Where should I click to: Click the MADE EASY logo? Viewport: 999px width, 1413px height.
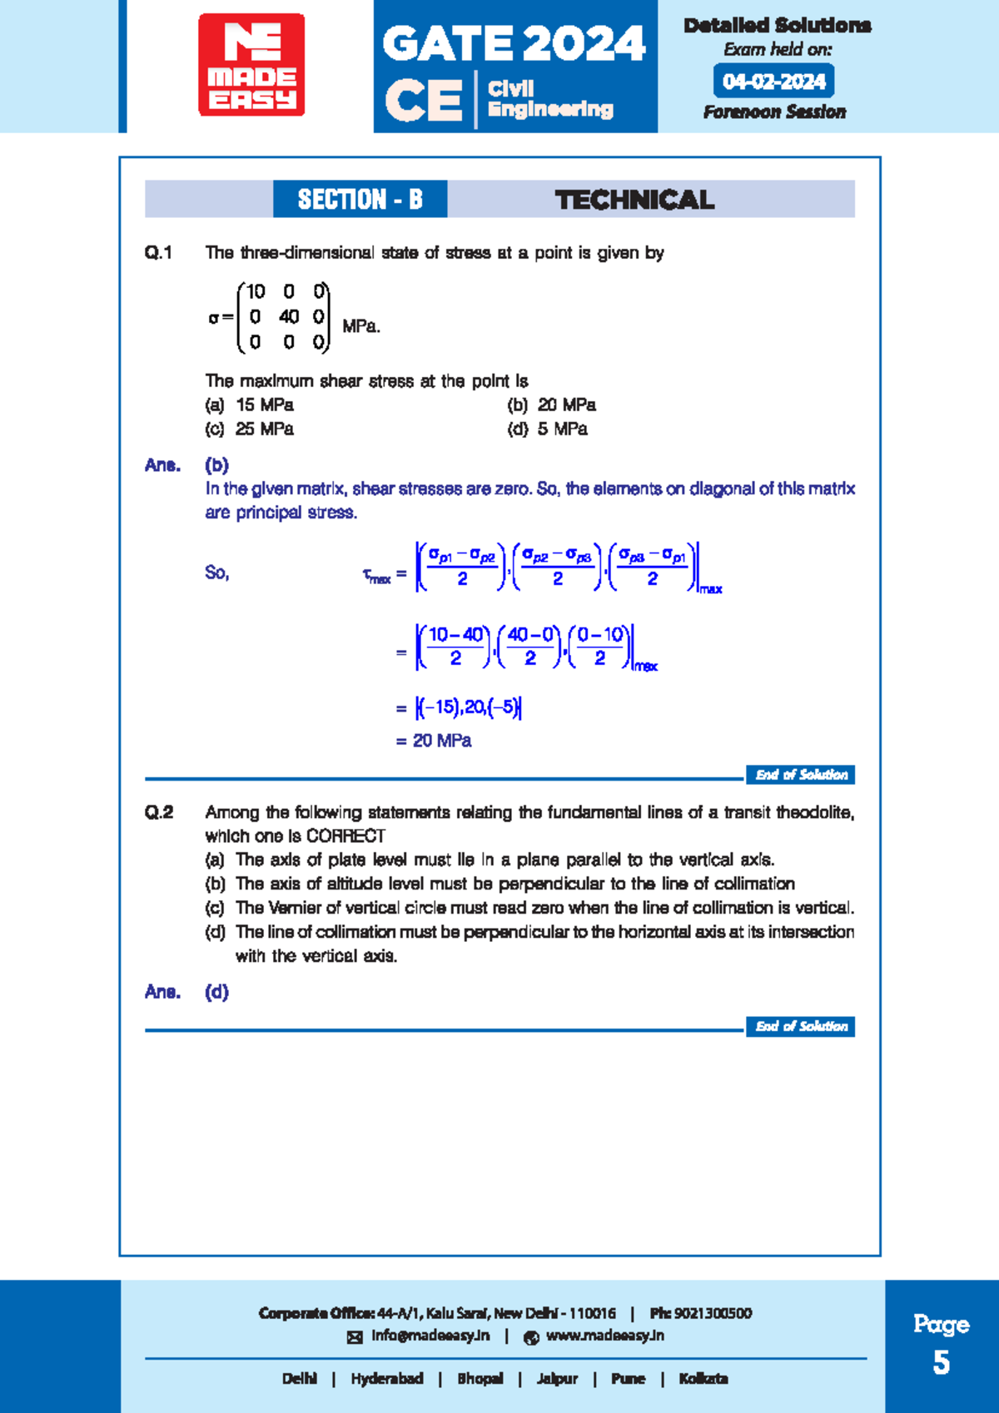point(251,64)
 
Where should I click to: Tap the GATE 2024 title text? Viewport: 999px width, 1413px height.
point(514,43)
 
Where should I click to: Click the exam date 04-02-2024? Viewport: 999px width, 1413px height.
point(773,82)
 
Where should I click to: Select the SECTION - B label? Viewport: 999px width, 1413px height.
point(360,200)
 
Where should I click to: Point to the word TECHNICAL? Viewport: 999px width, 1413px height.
point(634,200)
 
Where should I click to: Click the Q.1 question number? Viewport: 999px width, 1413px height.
point(158,253)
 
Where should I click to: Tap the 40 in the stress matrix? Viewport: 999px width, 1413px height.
point(289,317)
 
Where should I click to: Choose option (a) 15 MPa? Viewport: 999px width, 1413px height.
point(250,405)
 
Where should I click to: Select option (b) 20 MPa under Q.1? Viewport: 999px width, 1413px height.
point(551,405)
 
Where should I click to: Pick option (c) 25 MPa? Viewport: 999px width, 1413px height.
point(250,429)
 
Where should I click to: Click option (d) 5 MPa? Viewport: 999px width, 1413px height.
point(547,429)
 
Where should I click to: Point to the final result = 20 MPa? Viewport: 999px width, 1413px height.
point(434,741)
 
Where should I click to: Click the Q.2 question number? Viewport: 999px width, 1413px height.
point(159,813)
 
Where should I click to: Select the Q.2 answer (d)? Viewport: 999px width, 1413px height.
point(216,992)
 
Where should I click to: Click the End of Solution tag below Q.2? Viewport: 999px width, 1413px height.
point(800,1027)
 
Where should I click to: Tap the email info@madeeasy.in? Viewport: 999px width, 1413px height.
point(430,1336)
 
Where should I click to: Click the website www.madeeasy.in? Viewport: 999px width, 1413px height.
point(604,1336)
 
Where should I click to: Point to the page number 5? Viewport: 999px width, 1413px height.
point(941,1363)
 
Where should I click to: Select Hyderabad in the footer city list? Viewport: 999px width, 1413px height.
point(386,1379)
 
